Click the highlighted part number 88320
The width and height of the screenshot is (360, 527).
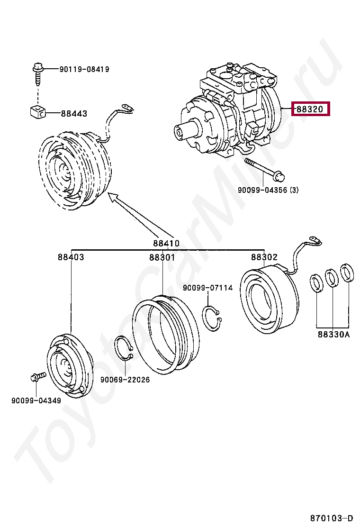tap(310, 109)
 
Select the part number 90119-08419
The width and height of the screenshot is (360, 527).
tap(84, 69)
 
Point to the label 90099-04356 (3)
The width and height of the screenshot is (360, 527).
tap(268, 191)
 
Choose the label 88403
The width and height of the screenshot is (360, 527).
tap(71, 257)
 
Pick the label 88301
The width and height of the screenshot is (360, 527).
tap(162, 257)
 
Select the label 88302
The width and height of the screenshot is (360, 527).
tap(264, 257)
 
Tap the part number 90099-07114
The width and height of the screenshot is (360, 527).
tap(207, 288)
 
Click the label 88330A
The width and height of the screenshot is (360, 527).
tap(333, 335)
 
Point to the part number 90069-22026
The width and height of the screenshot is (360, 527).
tap(125, 380)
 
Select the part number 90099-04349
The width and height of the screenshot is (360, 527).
tap(36, 400)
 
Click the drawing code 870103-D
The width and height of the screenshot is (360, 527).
tap(332, 517)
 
